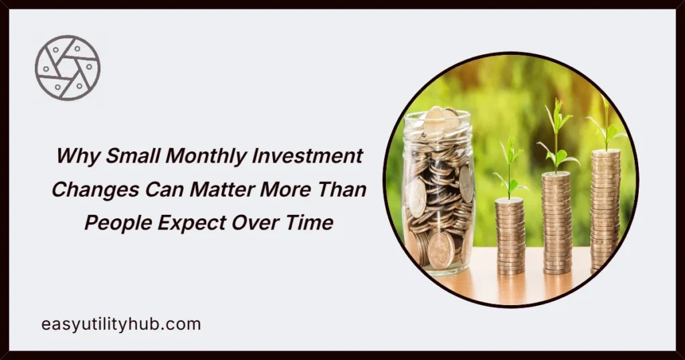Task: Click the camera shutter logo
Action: coord(68,68)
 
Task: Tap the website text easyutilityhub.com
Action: coord(120,325)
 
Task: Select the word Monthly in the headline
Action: coord(200,157)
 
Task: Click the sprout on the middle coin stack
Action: coord(556,137)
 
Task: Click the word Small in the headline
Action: coord(130,157)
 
